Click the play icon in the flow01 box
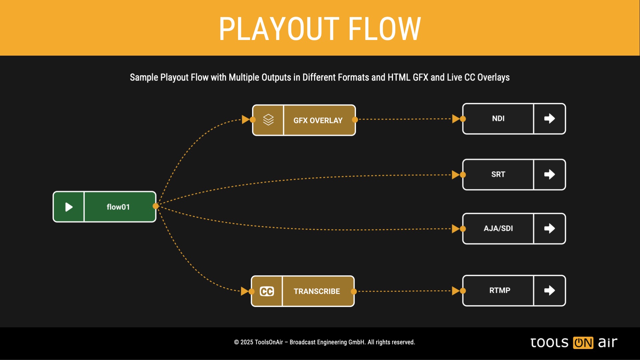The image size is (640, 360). click(x=69, y=207)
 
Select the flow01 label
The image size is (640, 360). click(x=118, y=207)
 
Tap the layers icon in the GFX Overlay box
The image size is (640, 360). click(x=268, y=120)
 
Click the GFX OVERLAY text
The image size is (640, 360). click(x=318, y=120)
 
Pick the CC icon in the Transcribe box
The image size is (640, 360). click(x=267, y=291)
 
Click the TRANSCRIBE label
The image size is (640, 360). click(x=317, y=291)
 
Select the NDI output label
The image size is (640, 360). click(x=498, y=119)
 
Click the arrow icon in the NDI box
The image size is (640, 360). click(x=549, y=119)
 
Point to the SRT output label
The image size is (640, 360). click(x=498, y=174)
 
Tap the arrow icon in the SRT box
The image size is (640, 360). click(x=549, y=174)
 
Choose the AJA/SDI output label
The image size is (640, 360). click(x=498, y=228)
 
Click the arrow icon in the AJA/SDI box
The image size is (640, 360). click(x=549, y=228)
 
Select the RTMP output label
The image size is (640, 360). click(x=499, y=290)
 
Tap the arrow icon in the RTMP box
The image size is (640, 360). click(x=549, y=290)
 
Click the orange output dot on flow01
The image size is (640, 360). click(x=156, y=206)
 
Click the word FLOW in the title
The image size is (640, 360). click(x=384, y=29)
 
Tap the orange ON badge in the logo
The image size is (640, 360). click(x=583, y=343)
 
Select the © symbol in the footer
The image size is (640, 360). click(x=236, y=342)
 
